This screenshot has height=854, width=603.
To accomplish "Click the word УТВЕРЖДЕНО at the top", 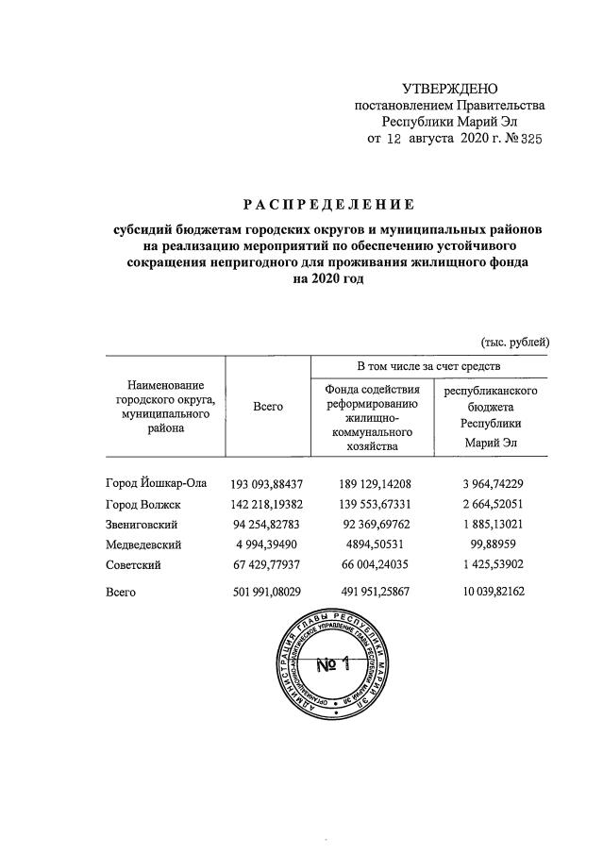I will pos(449,89).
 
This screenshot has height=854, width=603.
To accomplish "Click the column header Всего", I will pos(269,405).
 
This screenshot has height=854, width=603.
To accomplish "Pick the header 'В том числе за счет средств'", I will pos(427,364).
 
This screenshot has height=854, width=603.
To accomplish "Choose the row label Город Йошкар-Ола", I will pos(156,483).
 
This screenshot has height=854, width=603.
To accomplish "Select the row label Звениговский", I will pos(142,525).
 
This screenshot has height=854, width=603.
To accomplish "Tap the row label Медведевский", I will pos(144,544).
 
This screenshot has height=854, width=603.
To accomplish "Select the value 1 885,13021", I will pos(489,525).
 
